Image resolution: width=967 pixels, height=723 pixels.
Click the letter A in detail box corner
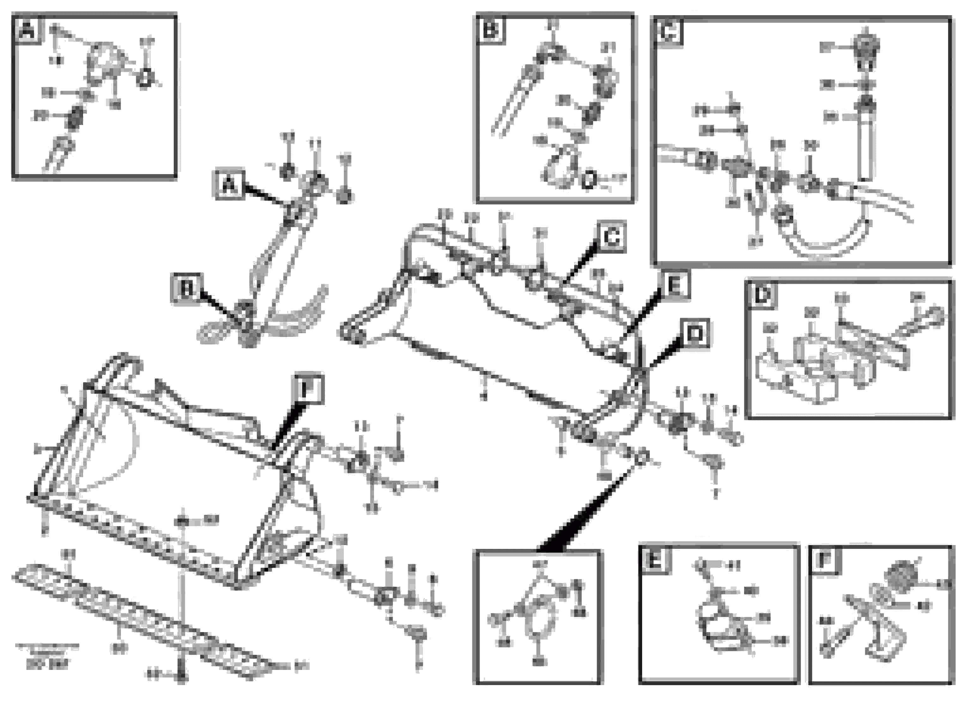click(27, 31)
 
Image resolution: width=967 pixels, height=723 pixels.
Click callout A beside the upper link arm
click(229, 185)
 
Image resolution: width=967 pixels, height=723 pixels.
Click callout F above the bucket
click(309, 388)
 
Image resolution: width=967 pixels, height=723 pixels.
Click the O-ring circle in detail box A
click(145, 79)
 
